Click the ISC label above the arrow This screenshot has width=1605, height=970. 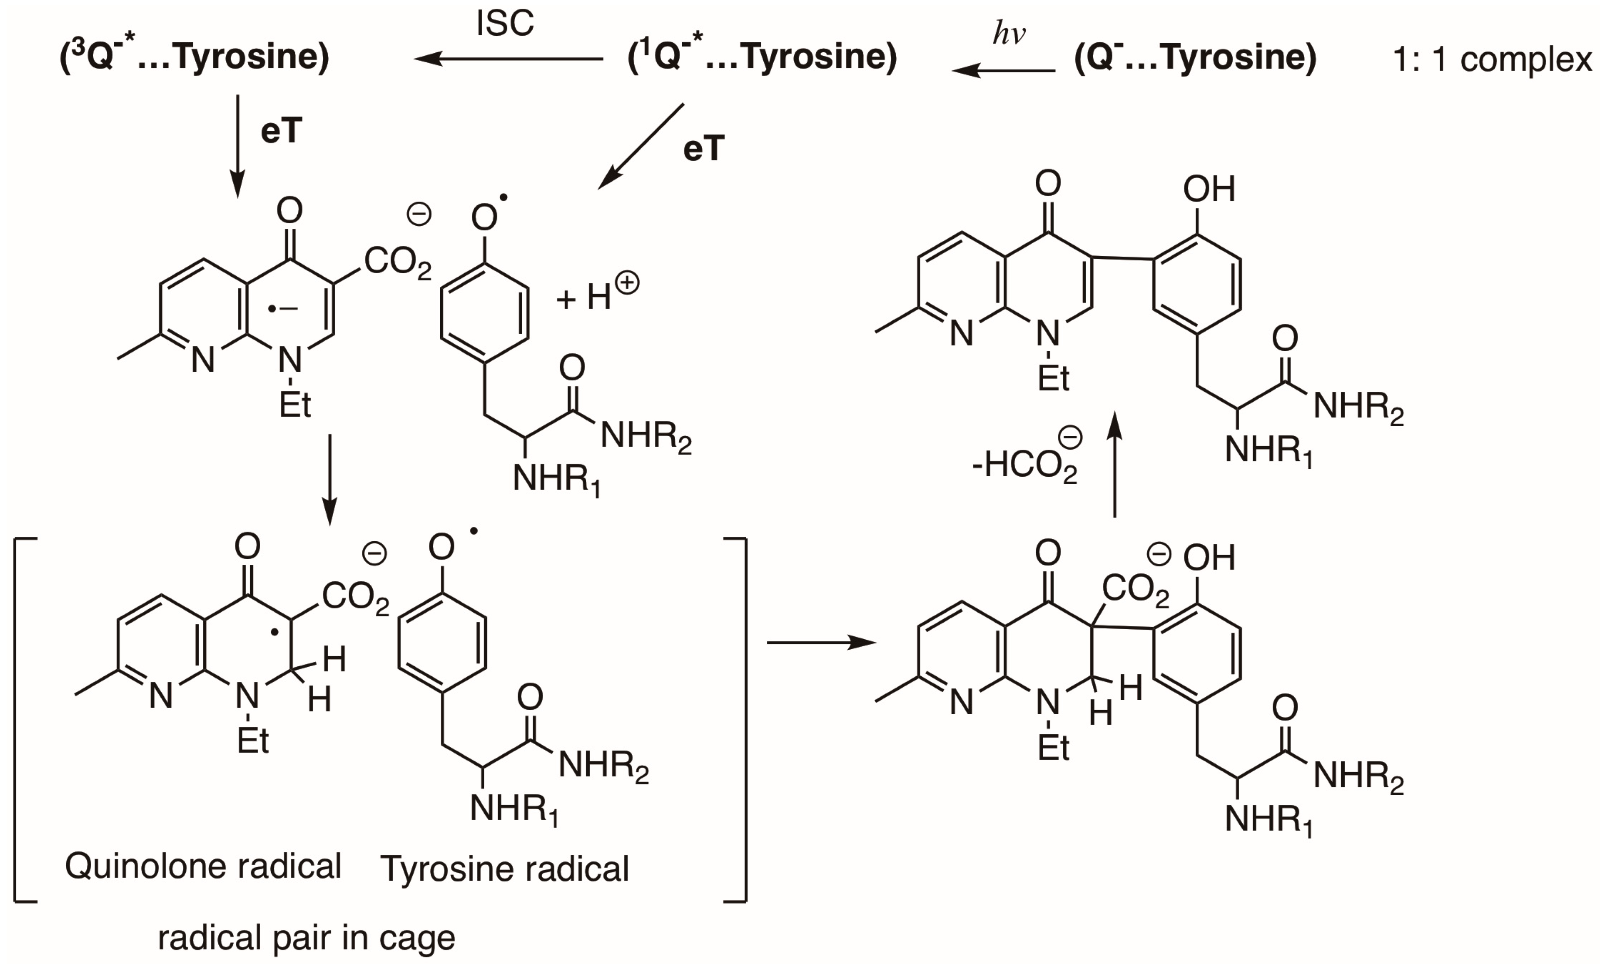tap(505, 24)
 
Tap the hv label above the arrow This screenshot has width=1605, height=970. tap(1008, 33)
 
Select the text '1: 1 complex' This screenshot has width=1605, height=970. tap(1492, 60)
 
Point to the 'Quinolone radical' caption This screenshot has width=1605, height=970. tap(203, 866)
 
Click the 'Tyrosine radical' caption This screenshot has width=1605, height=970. tap(505, 868)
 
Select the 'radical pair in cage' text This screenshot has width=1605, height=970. tap(306, 937)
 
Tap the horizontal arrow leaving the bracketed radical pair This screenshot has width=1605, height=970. tap(821, 643)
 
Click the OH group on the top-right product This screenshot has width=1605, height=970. tap(1209, 190)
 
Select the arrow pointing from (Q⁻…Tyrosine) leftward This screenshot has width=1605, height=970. tap(1003, 70)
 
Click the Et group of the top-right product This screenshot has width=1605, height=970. tap(1053, 378)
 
